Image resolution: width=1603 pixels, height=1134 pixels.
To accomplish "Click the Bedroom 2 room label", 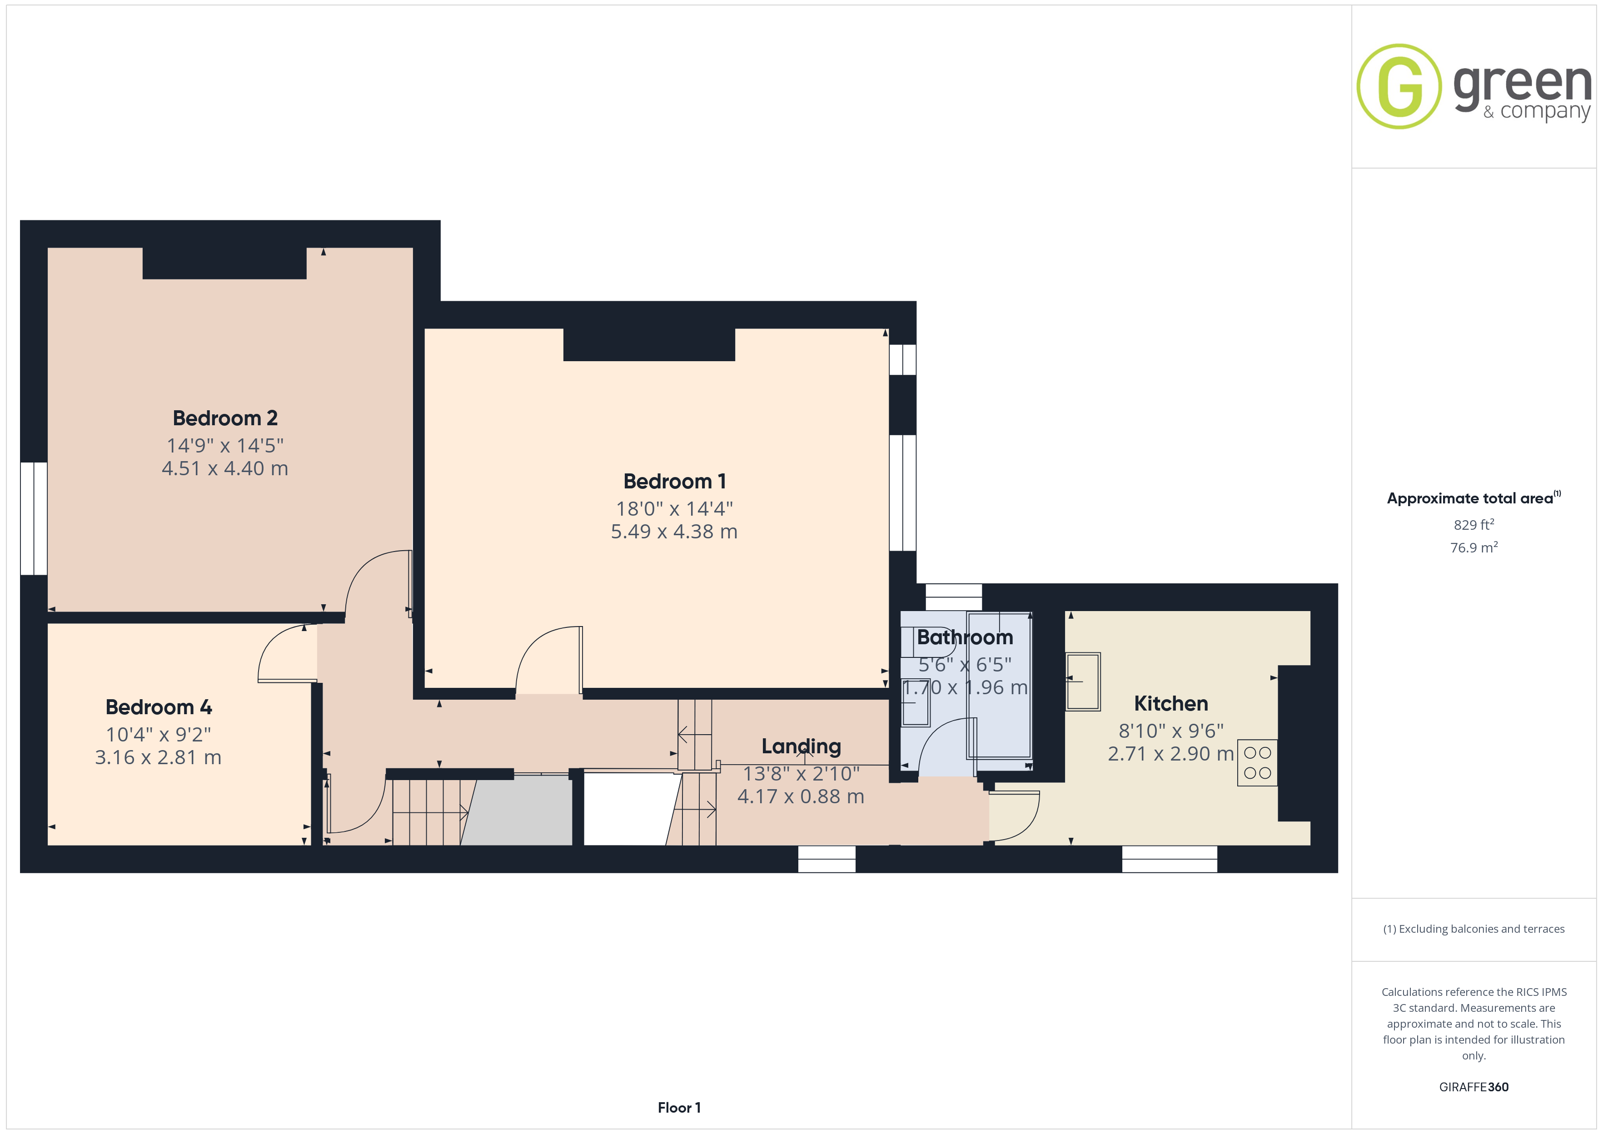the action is pyautogui.click(x=225, y=418).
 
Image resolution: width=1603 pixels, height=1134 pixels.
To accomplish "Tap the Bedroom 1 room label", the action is pyautogui.click(x=674, y=481).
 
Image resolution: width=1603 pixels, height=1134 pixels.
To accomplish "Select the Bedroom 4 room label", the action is pyautogui.click(x=159, y=707).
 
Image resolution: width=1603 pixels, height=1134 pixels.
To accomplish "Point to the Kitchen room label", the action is pyautogui.click(x=1171, y=703).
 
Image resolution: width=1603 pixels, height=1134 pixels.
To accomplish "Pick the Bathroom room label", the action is pyautogui.click(x=965, y=637).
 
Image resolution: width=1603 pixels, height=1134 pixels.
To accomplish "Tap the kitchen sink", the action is pyautogui.click(x=1083, y=681).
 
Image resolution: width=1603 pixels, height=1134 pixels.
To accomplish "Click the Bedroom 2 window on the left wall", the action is pyautogui.click(x=34, y=519).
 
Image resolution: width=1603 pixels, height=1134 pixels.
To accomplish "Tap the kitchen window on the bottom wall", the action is pyautogui.click(x=1170, y=859).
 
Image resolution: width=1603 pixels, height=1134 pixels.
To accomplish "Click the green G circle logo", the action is pyautogui.click(x=1399, y=87).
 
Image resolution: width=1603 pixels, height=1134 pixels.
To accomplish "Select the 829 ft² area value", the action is pyautogui.click(x=1474, y=524).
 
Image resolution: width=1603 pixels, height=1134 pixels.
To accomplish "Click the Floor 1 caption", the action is pyautogui.click(x=679, y=1108).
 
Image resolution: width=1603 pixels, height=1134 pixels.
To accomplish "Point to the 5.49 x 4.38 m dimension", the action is pyautogui.click(x=674, y=532).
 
